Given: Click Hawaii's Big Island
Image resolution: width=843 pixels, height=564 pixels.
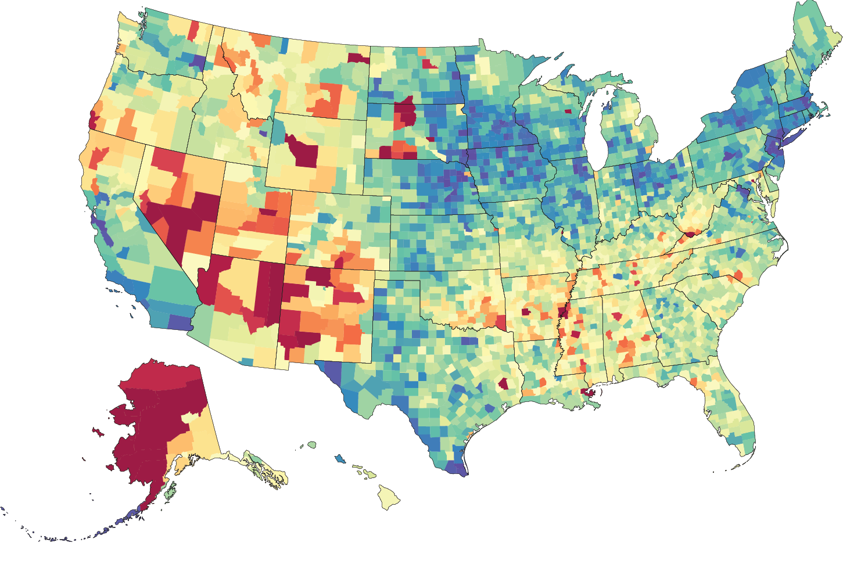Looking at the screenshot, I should tap(389, 497).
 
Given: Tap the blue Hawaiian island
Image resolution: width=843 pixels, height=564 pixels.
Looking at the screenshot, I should tap(340, 459).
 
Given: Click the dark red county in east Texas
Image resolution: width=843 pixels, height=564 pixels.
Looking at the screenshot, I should tap(503, 384).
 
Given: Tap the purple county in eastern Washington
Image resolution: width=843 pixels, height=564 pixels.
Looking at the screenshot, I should tap(198, 61).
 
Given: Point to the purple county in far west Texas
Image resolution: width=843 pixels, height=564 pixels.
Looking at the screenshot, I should tap(330, 372).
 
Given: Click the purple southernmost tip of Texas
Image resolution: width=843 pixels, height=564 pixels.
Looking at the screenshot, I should tap(457, 468).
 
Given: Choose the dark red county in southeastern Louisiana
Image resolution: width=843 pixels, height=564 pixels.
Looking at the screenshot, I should tap(590, 394).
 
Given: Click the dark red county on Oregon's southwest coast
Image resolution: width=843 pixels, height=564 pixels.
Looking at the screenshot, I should tap(92, 119).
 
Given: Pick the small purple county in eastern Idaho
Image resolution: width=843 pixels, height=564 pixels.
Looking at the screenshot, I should tap(263, 133).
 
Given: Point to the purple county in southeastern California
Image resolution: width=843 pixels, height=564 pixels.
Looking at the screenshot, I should tap(180, 322).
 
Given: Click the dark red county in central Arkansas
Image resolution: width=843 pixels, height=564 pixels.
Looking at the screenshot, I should tap(526, 312).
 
